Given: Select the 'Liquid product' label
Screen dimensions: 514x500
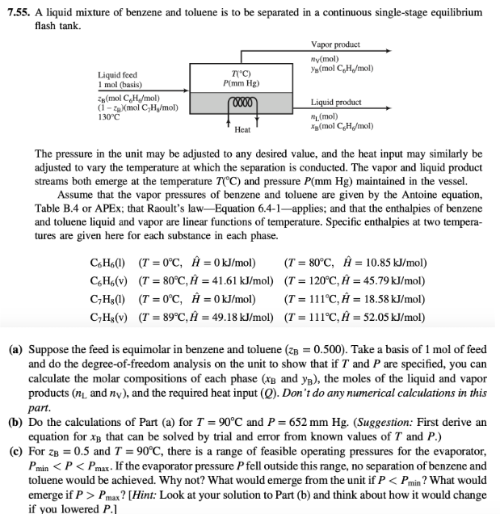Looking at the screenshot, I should coord(335,103).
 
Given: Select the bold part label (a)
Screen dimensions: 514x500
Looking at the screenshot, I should coord(15,349).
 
